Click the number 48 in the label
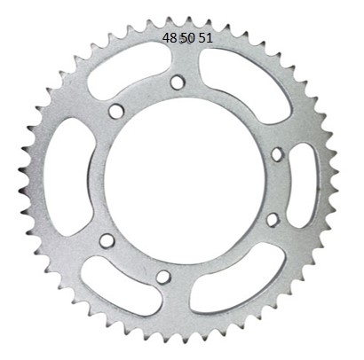pyautogui.click(x=170, y=38)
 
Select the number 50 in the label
pyautogui.click(x=187, y=38)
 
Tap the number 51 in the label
pyautogui.click(x=205, y=38)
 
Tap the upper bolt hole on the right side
pyautogui.click(x=276, y=154)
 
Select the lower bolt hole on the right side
pyautogui.click(x=272, y=219)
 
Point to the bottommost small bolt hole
pyautogui.click(x=162, y=277)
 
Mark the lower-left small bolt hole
pyautogui.click(x=107, y=240)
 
